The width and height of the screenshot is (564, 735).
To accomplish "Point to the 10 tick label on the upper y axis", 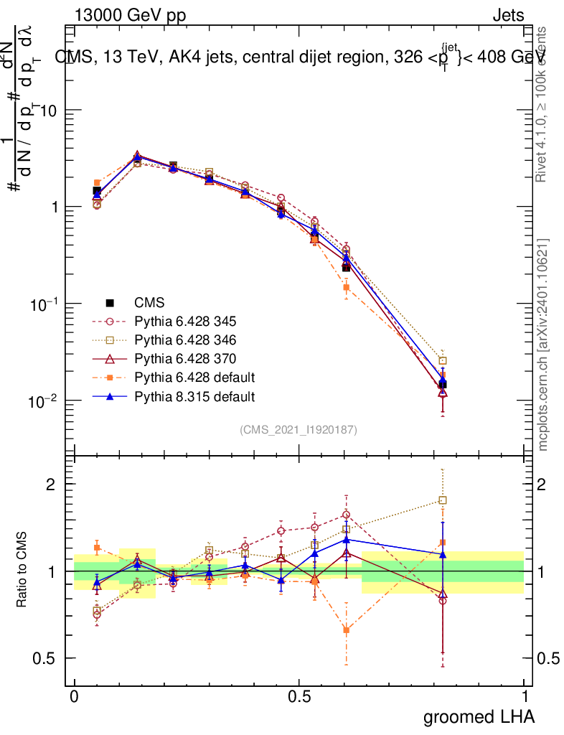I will (x=47, y=111).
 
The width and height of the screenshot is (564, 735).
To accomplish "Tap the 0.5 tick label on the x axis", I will (x=299, y=697).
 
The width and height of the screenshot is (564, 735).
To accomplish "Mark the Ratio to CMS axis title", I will (x=22, y=571).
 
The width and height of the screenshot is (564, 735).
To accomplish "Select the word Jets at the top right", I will (x=508, y=16).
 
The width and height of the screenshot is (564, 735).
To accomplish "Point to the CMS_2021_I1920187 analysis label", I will (x=299, y=429).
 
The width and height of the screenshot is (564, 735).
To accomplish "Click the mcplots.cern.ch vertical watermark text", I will (x=544, y=345).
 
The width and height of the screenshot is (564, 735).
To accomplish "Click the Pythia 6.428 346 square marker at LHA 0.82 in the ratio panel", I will (x=443, y=500).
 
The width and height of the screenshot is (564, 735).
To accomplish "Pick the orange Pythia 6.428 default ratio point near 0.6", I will (x=347, y=630).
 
